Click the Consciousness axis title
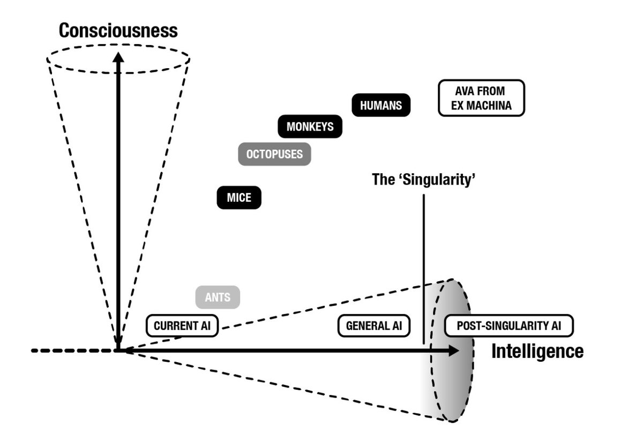coord(118,31)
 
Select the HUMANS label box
coord(380,105)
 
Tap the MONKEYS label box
coord(310,127)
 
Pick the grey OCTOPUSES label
coord(274,155)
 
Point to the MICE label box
coord(238,198)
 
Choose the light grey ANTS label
coord(217,298)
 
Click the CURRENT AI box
coord(182,326)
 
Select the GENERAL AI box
coord(374,326)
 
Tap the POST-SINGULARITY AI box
coord(509,326)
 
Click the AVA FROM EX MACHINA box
coord(481,98)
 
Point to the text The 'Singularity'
coord(424,179)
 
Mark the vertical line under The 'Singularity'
coord(424,268)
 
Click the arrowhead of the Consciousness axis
coord(118,57)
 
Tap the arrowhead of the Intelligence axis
coord(453,350)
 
